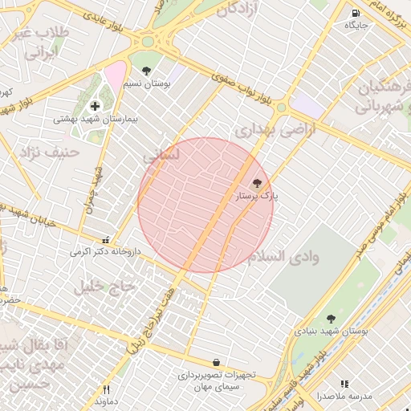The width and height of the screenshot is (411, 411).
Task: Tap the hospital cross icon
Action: coord(95,106)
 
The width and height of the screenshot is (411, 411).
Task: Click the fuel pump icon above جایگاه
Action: coord(356,14)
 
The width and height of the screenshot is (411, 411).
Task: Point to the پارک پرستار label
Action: coord(256,195)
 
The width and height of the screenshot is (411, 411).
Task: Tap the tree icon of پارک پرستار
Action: coord(257,183)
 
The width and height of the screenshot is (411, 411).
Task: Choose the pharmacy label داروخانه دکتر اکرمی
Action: coord(105,251)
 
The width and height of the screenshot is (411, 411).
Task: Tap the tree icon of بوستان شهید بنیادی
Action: coord(331,319)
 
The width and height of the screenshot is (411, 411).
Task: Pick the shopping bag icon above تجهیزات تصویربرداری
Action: coord(217,363)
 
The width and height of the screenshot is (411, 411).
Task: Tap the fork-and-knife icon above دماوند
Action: coord(106,389)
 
